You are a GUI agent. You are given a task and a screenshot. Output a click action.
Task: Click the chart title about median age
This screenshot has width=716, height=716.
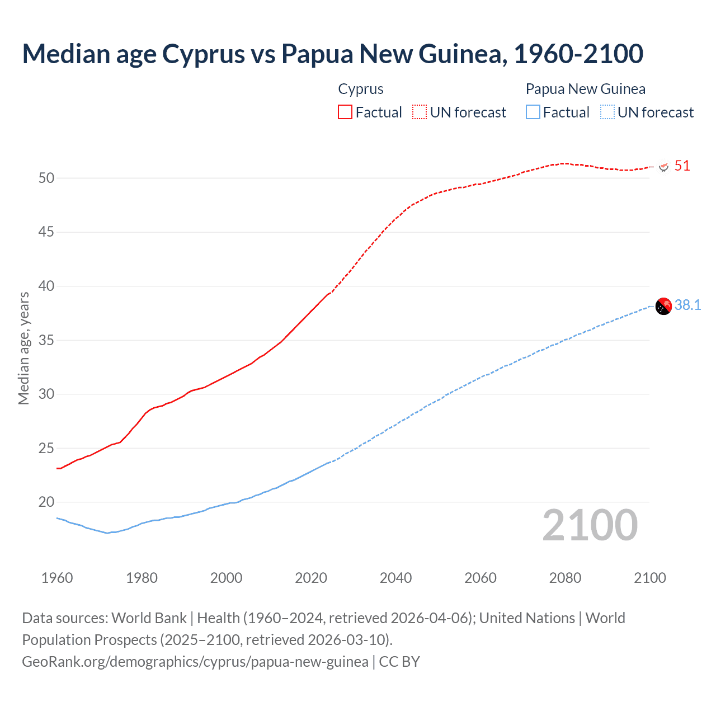click(332, 54)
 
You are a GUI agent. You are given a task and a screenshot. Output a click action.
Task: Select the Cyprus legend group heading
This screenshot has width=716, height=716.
click(361, 89)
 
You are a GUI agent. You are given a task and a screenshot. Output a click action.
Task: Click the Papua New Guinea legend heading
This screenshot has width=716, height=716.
click(585, 89)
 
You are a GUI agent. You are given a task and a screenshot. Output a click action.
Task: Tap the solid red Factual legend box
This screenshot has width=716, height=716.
click(345, 112)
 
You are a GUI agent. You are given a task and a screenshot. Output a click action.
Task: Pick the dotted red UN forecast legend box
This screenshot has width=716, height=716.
click(420, 112)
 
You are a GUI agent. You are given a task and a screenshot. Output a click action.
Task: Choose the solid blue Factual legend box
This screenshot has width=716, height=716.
click(533, 112)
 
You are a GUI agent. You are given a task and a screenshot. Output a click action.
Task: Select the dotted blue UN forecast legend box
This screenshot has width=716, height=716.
click(607, 112)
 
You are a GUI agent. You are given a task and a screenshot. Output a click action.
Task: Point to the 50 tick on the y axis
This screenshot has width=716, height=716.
click(46, 178)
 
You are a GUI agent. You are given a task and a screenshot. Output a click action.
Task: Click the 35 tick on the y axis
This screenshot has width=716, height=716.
click(46, 340)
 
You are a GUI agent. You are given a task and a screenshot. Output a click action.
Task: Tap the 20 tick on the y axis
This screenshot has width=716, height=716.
click(46, 502)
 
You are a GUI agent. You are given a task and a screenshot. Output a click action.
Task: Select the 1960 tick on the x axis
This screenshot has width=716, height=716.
click(57, 578)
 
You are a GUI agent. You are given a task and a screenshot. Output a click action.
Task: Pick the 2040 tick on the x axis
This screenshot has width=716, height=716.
click(395, 578)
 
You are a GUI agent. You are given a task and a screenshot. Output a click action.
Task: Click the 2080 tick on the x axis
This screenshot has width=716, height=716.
click(565, 578)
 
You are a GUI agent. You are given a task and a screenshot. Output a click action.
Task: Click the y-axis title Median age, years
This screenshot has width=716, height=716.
click(23, 348)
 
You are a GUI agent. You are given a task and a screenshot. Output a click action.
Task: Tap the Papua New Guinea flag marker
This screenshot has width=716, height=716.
click(663, 306)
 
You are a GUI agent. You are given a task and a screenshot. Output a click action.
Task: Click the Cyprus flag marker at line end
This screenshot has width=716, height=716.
click(664, 167)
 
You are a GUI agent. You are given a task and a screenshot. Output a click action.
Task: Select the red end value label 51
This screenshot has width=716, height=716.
click(682, 166)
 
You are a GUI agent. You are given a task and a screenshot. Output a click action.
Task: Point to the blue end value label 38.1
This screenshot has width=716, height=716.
click(687, 305)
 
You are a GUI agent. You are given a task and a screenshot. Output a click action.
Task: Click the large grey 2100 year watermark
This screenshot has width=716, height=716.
click(590, 525)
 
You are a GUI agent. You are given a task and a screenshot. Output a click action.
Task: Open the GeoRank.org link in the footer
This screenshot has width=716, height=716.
click(195, 662)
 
